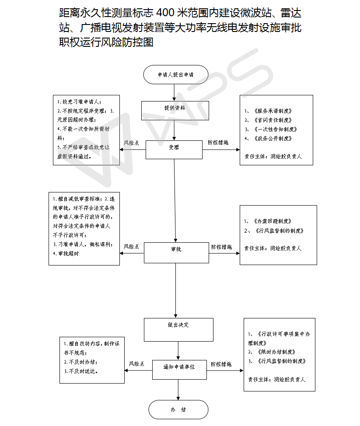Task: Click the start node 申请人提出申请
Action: (x=175, y=75)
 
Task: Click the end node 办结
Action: (x=178, y=410)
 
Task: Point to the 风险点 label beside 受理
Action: (x=131, y=143)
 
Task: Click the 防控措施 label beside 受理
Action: (x=218, y=143)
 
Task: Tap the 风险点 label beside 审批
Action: (x=131, y=247)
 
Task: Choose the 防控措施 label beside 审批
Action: (x=221, y=247)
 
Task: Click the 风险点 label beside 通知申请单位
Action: (x=136, y=363)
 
